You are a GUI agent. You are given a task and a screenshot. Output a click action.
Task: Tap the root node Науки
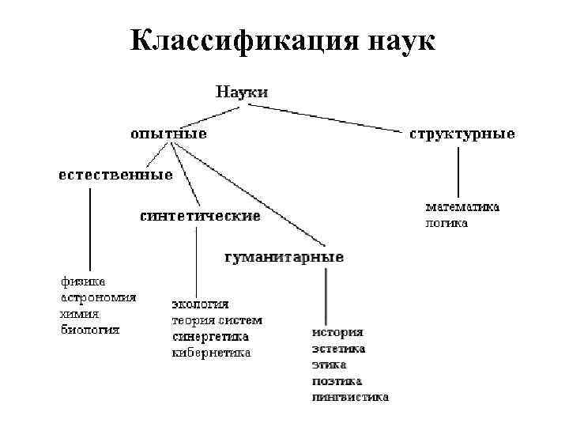(x=242, y=92)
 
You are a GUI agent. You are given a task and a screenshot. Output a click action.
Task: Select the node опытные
(x=168, y=134)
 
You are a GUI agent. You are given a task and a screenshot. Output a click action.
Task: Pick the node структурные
(x=462, y=134)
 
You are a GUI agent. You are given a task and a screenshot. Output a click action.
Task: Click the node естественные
(x=115, y=175)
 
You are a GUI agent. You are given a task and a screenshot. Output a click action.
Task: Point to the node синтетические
(x=200, y=216)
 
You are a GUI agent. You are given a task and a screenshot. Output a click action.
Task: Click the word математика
(x=463, y=207)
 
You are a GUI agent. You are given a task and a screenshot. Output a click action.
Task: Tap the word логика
(x=447, y=223)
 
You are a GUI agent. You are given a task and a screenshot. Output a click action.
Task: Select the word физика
(x=83, y=282)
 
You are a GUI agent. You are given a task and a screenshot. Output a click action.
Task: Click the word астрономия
(x=99, y=297)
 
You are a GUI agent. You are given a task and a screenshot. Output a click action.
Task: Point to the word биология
(x=91, y=330)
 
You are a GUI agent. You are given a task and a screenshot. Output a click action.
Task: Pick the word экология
(x=201, y=304)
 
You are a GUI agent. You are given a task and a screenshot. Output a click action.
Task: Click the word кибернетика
(x=211, y=353)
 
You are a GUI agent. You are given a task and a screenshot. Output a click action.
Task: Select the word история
(x=337, y=332)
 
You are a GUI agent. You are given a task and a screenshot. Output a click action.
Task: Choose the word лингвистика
(x=349, y=397)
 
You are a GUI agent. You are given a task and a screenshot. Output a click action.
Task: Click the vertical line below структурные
(x=458, y=170)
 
